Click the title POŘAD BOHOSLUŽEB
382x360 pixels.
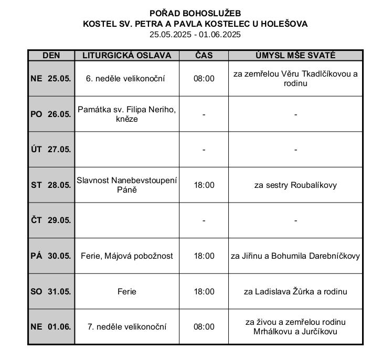(x=195, y=13)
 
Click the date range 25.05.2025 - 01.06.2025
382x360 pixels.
(x=195, y=35)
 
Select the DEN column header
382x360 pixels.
(x=51, y=56)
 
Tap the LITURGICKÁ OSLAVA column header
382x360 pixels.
(x=126, y=56)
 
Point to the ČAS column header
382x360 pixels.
(x=204, y=56)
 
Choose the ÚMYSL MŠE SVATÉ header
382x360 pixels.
(x=295, y=56)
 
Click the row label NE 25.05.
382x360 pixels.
(x=51, y=79)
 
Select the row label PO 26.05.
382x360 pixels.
(x=51, y=114)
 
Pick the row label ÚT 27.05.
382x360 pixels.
(x=51, y=150)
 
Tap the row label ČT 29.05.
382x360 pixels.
(x=51, y=220)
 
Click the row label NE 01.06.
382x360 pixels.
(x=51, y=326)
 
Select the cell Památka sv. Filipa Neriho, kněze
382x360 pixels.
(x=126, y=114)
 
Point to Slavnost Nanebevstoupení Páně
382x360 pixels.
(x=126, y=185)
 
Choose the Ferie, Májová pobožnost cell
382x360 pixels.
(x=126, y=256)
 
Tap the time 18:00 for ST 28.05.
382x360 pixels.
(x=204, y=185)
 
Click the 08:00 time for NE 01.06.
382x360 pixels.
(x=204, y=326)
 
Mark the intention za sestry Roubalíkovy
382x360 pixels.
(x=295, y=185)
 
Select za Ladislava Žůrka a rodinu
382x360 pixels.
(x=295, y=291)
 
